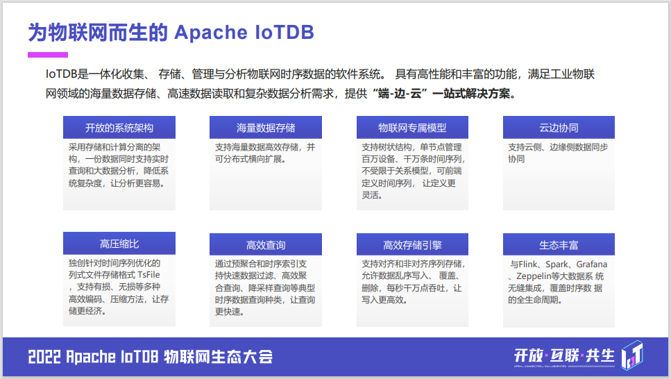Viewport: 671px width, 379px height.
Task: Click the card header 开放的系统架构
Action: click(x=119, y=128)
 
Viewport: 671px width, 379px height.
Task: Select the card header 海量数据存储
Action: click(x=266, y=128)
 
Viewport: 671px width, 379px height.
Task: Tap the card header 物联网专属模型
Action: click(x=412, y=128)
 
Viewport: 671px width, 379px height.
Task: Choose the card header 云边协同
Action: click(x=559, y=128)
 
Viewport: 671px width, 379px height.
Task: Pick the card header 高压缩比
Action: click(x=119, y=244)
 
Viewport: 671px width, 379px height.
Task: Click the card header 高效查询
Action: click(x=266, y=245)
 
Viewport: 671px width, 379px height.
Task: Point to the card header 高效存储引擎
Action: click(x=412, y=245)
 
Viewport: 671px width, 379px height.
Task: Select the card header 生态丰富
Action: click(x=559, y=245)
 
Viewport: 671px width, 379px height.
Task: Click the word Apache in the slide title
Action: click(x=211, y=33)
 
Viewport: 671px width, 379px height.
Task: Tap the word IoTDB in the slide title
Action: click(x=284, y=33)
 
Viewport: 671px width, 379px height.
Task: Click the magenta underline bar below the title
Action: click(x=48, y=55)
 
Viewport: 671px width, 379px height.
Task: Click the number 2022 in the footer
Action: click(x=44, y=357)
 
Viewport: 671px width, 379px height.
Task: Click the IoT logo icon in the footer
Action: click(x=633, y=355)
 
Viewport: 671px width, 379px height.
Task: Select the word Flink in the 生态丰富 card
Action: click(x=530, y=264)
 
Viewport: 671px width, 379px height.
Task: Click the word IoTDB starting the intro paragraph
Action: click(x=61, y=74)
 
